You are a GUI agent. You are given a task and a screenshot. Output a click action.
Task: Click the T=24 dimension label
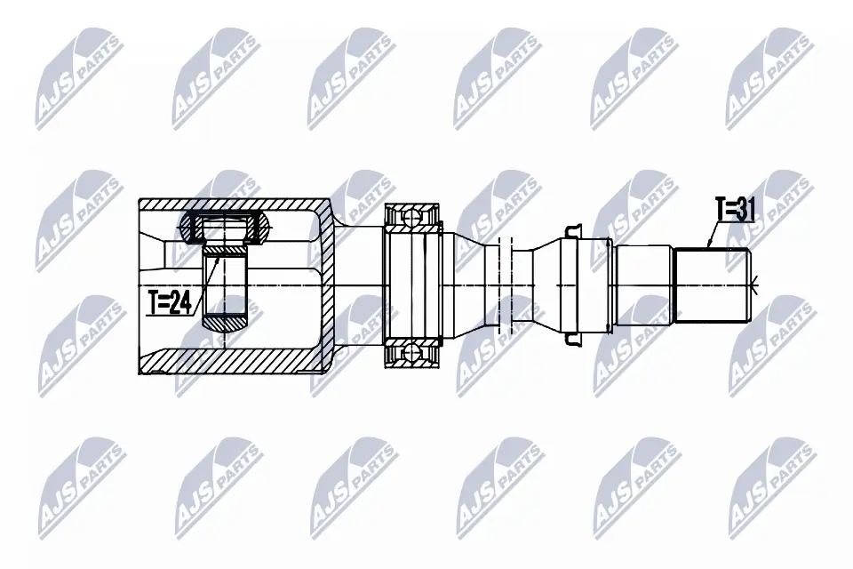pos(169,303)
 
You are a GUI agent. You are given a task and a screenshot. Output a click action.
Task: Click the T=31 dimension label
pos(735,210)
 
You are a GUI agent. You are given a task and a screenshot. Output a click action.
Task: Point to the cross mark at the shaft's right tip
pos(755,285)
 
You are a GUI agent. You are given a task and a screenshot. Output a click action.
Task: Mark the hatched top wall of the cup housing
pos(240,204)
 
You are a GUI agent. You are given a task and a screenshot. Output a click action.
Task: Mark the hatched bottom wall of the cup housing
pos(240,364)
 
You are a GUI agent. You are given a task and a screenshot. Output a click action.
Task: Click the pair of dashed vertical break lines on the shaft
pos(506,284)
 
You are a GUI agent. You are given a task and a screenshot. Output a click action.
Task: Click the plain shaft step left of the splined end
pos(642,284)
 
